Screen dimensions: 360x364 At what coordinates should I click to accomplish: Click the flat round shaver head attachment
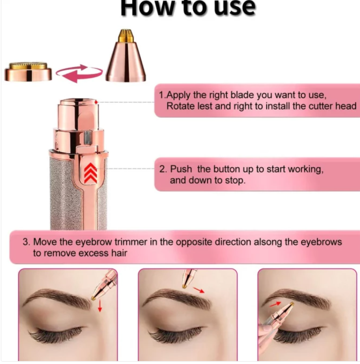[x=28, y=72]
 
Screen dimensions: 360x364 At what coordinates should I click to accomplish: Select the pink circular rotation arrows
[x=79, y=73]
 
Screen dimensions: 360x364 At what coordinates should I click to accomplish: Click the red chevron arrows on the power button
[x=90, y=173]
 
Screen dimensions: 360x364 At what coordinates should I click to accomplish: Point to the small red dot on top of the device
[x=96, y=102]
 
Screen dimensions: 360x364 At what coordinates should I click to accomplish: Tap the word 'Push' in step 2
[x=181, y=169]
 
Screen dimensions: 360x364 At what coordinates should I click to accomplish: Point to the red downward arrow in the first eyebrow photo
[x=100, y=306]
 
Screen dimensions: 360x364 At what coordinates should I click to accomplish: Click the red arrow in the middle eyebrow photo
[x=199, y=290]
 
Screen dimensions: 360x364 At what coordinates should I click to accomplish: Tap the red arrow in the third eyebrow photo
[x=276, y=304]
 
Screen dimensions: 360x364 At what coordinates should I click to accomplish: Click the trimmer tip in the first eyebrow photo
[x=93, y=298]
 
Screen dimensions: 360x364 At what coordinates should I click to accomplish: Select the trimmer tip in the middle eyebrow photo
[x=184, y=286]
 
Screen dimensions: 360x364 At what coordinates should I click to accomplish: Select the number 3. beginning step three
[x=26, y=242]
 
